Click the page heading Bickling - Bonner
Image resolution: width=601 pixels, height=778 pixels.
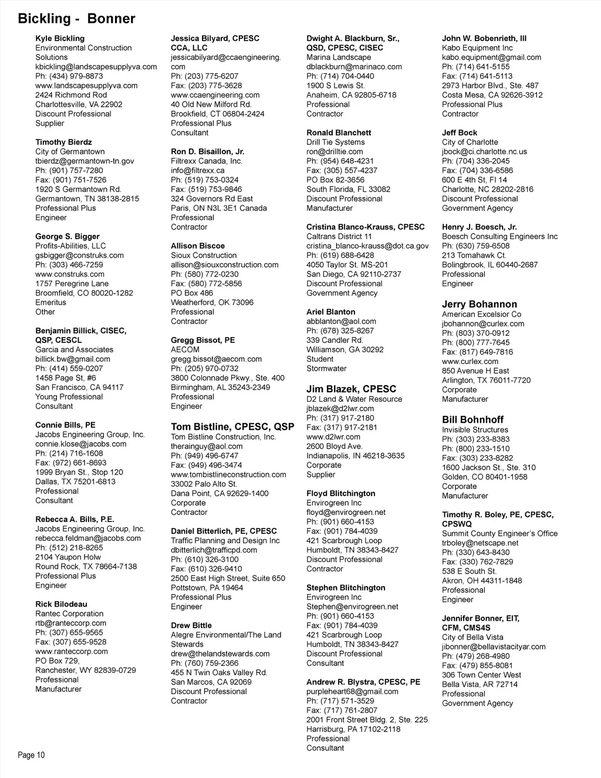coord(76,19)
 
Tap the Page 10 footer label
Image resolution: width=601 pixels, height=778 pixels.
coord(31,755)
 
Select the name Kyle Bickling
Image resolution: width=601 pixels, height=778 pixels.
coord(60,38)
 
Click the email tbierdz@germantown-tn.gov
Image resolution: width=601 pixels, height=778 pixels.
coord(85,161)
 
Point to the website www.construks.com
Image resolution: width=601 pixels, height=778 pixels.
coord(70,274)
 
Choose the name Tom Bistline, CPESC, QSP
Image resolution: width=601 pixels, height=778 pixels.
coord(232,427)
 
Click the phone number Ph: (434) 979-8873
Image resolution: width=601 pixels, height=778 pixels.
coord(69,76)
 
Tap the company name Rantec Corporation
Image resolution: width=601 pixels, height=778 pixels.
coord(69,614)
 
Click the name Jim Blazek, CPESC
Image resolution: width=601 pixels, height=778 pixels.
coord(351,389)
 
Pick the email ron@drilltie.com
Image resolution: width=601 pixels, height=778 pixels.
coord(335,151)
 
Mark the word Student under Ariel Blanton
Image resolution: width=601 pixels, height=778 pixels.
coord(320,359)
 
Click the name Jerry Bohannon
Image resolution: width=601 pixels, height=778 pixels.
coord(480,304)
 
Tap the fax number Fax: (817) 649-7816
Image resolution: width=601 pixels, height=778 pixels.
coord(477,352)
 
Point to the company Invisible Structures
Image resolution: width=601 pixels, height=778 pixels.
coord(475,430)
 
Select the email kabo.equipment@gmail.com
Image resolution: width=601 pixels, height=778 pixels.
coord(491,58)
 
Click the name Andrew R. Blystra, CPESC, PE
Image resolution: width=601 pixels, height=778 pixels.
coord(363,682)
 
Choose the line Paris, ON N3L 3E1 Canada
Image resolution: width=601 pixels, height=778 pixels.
coord(218,208)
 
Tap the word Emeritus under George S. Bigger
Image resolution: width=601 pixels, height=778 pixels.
coord(50,302)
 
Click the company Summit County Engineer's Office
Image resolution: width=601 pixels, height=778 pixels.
coord(499,534)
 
